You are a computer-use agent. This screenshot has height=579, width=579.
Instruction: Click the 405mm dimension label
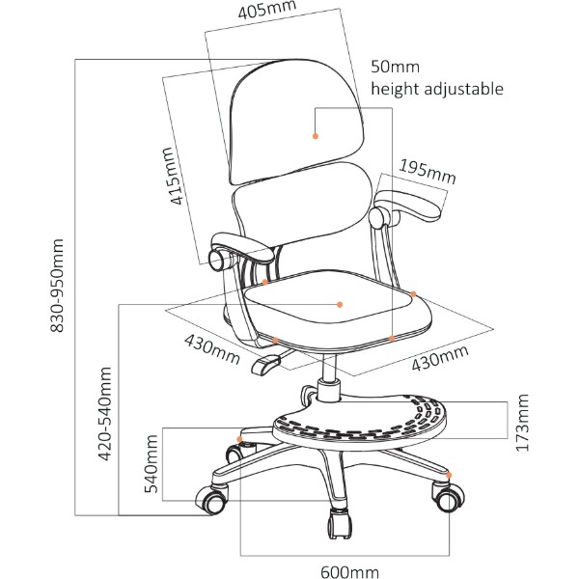click(267, 10)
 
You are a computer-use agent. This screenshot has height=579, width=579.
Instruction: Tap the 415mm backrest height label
click(172, 176)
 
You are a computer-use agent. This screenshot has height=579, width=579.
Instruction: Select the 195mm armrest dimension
click(427, 172)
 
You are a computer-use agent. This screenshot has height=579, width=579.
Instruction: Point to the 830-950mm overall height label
click(57, 286)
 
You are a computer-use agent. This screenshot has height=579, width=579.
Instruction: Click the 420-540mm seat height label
click(105, 414)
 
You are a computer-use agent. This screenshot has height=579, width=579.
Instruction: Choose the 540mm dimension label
click(151, 464)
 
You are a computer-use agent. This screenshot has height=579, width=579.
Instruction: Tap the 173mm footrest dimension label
click(522, 423)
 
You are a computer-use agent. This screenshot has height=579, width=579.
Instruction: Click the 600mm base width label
click(349, 572)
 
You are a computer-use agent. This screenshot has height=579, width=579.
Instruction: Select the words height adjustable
click(437, 89)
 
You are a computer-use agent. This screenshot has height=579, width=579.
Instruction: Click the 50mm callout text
click(395, 67)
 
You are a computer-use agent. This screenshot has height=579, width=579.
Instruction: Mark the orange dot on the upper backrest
click(316, 136)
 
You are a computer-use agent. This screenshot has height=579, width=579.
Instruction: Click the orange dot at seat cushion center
click(340, 304)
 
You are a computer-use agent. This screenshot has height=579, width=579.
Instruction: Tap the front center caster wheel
click(339, 524)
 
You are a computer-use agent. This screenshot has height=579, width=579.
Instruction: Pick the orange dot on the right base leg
click(449, 475)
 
